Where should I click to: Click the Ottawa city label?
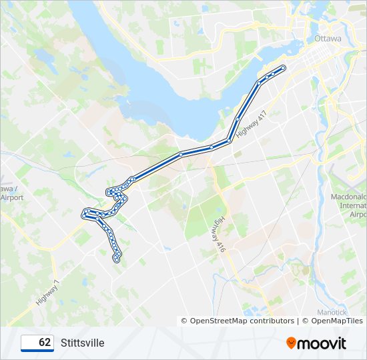click(x=328, y=39)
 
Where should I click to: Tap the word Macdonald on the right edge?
click(x=349, y=197)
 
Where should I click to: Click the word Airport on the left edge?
click(x=12, y=198)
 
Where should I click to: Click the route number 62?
click(x=45, y=343)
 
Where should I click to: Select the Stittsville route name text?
click(x=82, y=343)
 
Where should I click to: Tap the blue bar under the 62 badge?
click(x=37, y=351)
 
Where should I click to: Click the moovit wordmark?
click(x=322, y=343)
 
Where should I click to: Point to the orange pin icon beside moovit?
click(x=292, y=343)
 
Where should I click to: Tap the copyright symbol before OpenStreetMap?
click(x=185, y=321)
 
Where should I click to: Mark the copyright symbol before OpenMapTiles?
click(x=306, y=321)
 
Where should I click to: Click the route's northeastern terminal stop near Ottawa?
click(x=284, y=67)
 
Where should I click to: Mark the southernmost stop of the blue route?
click(x=117, y=260)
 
